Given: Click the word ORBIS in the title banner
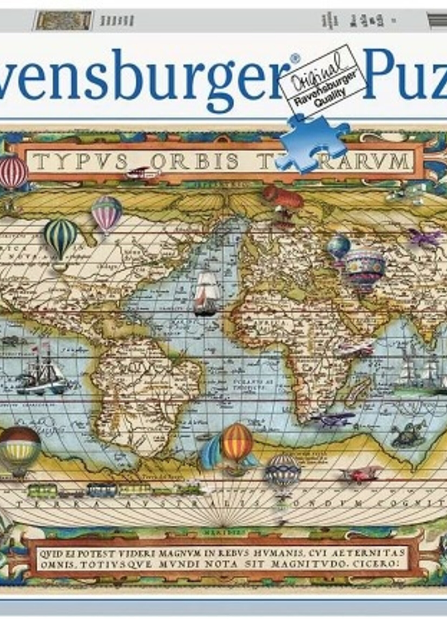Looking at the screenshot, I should (194, 162).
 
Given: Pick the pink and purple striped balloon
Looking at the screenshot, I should (106, 213).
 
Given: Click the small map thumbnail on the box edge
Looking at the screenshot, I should (64, 20).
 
